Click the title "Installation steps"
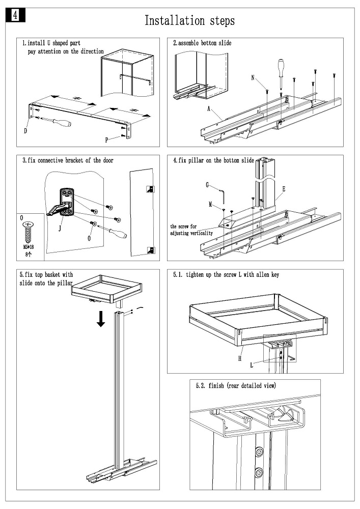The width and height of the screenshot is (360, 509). pos(189,21)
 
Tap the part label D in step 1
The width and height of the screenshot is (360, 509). pos(25,131)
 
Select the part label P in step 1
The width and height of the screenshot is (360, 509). pos(106,139)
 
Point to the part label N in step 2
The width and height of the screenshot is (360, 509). pos(253,77)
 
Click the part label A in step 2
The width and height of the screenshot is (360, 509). pos(209,108)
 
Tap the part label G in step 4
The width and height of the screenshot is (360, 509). pos(208,185)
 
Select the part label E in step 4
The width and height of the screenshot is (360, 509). pos(284,188)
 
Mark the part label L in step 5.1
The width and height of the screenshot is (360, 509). pos(252,364)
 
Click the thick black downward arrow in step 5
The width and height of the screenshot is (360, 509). pos(102,319)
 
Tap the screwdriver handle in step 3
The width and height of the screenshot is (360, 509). pos(119,235)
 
